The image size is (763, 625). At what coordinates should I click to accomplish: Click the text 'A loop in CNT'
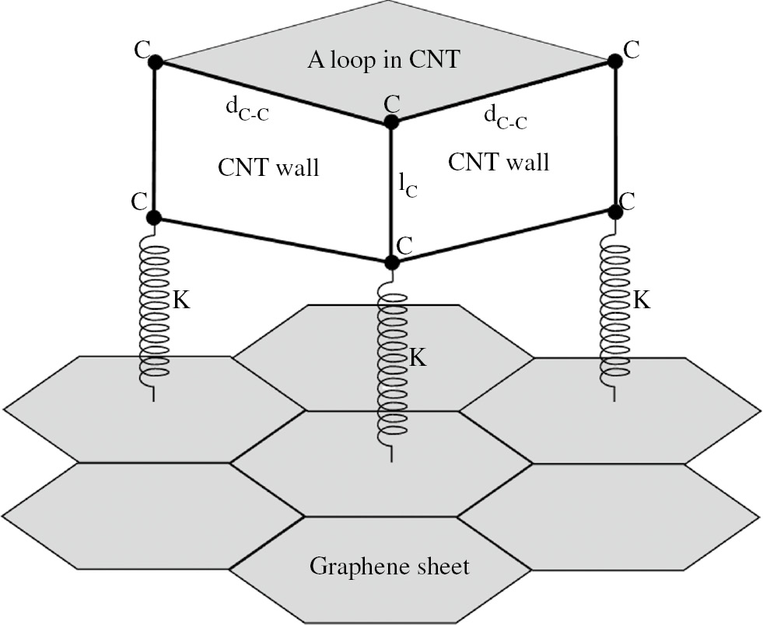point(381,62)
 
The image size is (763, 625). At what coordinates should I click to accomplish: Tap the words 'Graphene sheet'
point(389,566)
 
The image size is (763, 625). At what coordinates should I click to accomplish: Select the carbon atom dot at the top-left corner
point(155,62)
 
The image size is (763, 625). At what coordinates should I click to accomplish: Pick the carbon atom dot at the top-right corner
point(614,60)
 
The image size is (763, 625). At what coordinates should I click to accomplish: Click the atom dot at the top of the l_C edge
point(391,122)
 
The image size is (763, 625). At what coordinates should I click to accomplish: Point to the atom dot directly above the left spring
point(154,217)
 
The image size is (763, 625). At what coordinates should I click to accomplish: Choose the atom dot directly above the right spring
point(615,210)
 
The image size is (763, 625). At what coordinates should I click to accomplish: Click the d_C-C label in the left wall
point(247,114)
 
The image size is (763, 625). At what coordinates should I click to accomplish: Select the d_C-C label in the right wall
point(505,118)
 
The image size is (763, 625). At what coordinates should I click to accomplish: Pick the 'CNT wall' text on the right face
point(499,162)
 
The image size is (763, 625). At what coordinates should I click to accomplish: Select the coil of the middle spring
point(392,366)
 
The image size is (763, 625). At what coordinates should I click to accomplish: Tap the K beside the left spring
point(180,301)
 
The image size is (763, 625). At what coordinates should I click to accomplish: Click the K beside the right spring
point(641,300)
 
